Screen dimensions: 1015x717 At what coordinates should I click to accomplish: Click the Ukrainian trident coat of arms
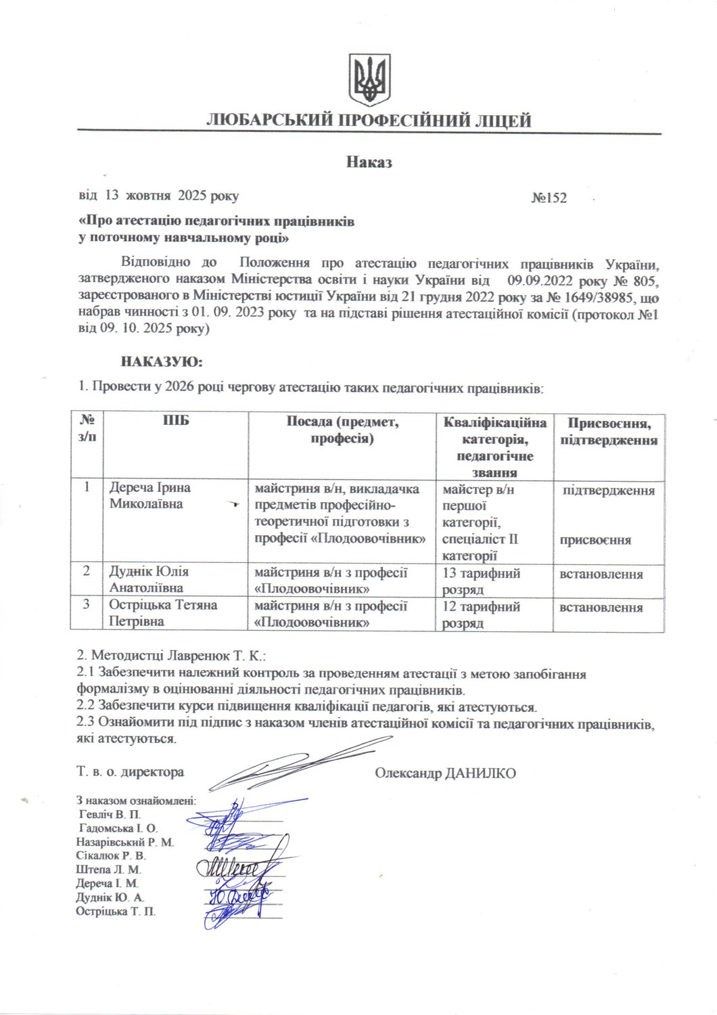pos(370,79)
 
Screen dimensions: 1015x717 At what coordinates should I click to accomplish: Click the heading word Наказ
pos(369,162)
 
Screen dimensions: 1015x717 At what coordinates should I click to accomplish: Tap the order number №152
pos(549,198)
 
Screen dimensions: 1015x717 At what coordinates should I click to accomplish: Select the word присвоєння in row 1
pos(595,540)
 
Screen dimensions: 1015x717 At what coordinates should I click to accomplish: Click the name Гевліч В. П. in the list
pos(110,814)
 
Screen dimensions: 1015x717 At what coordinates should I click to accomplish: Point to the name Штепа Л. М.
pos(109,870)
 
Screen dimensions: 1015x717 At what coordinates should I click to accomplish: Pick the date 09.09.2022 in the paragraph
pos(536,280)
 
